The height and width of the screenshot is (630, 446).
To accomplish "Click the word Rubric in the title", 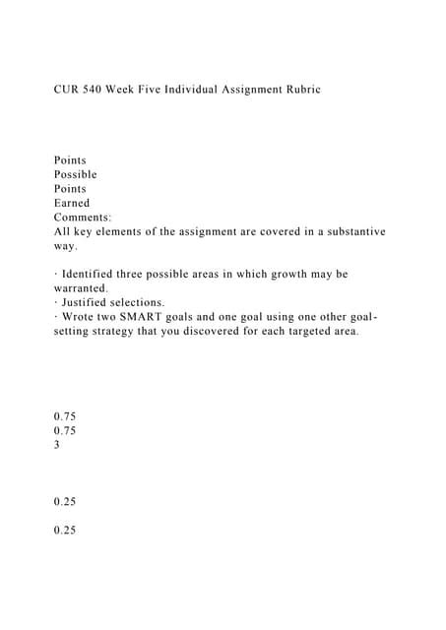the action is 298,90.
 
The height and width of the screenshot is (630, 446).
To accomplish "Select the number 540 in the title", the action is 101,90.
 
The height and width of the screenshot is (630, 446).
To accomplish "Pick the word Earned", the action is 73,203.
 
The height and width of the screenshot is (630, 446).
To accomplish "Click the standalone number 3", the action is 57,444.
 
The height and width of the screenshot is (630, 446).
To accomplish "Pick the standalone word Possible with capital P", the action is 76,174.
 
